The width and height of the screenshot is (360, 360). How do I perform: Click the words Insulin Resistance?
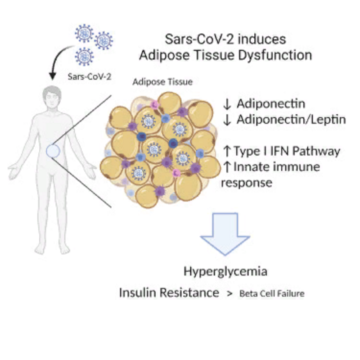pyautogui.click(x=169, y=293)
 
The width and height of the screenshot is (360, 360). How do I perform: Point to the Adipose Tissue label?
pyautogui.click(x=163, y=82)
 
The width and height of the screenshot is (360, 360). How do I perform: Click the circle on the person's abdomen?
pyautogui.click(x=53, y=151)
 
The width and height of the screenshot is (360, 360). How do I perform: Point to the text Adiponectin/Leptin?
pyautogui.click(x=291, y=120)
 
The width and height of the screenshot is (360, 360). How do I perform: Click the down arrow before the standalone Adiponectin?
pyautogui.click(x=227, y=104)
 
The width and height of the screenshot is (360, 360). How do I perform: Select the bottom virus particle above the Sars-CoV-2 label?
pyautogui.click(x=84, y=57)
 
